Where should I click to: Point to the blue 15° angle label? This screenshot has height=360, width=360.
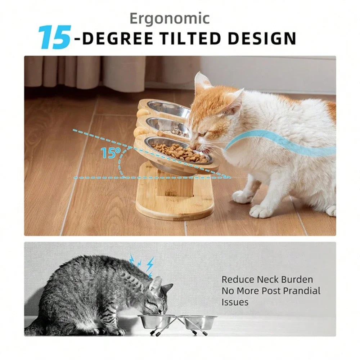point(108,153)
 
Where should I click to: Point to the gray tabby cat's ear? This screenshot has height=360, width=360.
point(156,284)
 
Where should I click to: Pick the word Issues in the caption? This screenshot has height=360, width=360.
point(235,302)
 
